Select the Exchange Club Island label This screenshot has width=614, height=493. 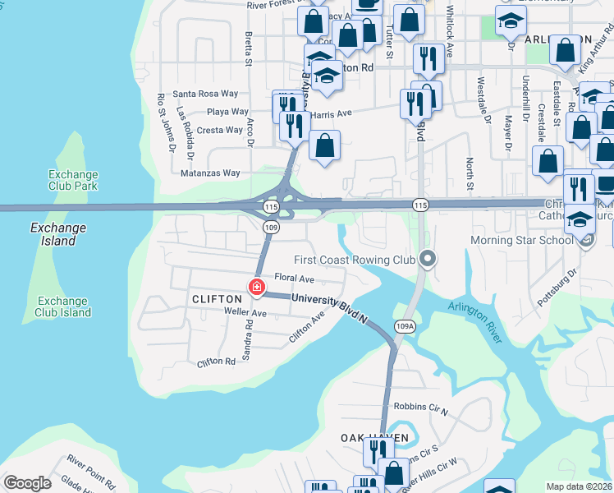pos(63,306)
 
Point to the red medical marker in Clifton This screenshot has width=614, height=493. pos(257,287)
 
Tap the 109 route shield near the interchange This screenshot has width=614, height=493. pos(271,227)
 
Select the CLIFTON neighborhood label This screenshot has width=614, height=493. pos(216,300)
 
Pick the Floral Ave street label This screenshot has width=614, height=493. pos(295,279)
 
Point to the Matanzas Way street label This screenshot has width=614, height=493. pos(211,173)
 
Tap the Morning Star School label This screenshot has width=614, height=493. pos(521,241)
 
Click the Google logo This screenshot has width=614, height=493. pos(27,483)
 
